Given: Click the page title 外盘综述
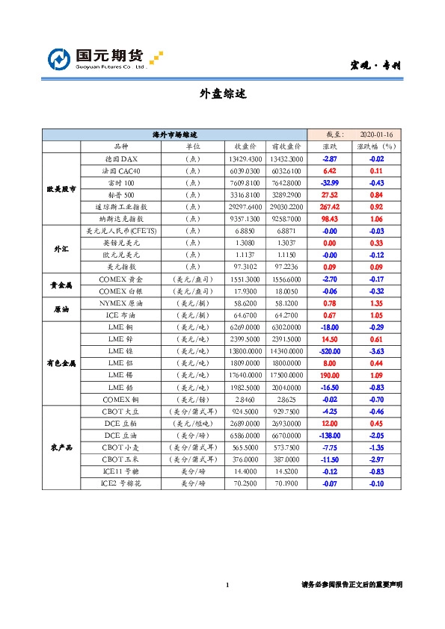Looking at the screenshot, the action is coord(222,94).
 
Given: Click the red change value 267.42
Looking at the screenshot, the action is coord(329,206).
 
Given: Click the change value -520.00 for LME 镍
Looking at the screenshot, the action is coord(329,350).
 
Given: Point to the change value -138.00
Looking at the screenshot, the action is coord(329,435).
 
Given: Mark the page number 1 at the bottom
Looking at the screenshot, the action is coord(227,584).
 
